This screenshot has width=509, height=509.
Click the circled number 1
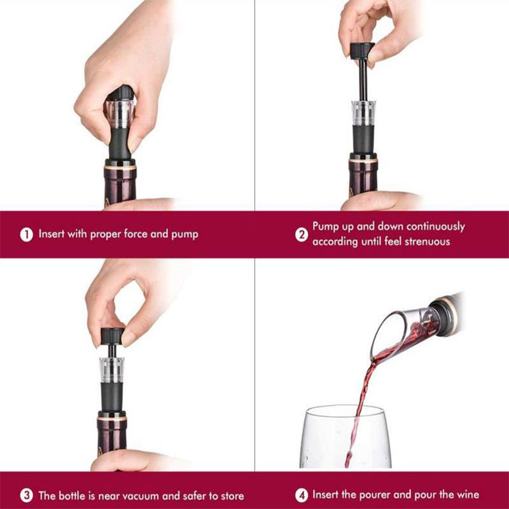27,234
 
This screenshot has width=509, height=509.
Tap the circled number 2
302,234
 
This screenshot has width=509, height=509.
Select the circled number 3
27,496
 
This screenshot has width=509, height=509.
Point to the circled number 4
302,496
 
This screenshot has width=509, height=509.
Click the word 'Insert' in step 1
52,234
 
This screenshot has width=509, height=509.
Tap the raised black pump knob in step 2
362,51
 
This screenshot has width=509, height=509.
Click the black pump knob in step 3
113,336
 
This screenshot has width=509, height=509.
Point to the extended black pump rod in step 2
363,80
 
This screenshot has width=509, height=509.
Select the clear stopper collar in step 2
363,113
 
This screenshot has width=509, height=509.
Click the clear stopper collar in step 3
112,370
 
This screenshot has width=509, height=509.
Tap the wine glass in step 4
345,436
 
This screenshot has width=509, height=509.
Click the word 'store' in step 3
232,496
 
